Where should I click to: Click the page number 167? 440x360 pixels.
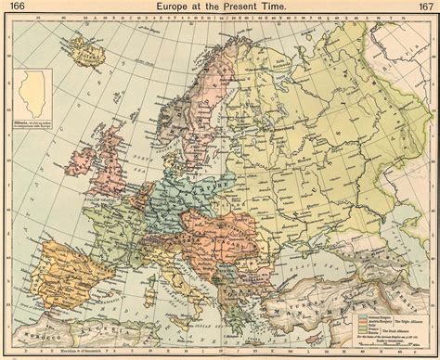(422, 7)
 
